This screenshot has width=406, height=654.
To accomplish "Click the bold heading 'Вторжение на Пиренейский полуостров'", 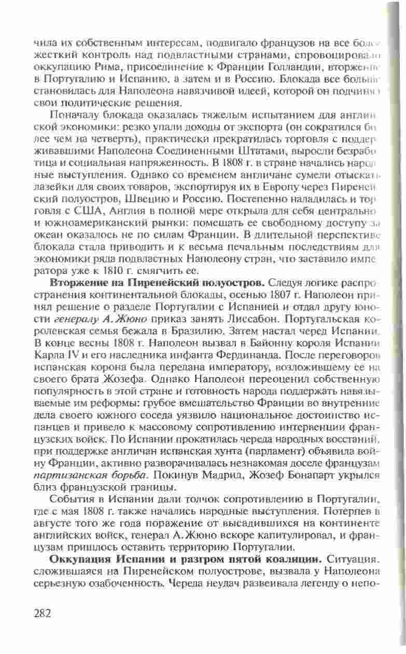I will (x=158, y=283).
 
